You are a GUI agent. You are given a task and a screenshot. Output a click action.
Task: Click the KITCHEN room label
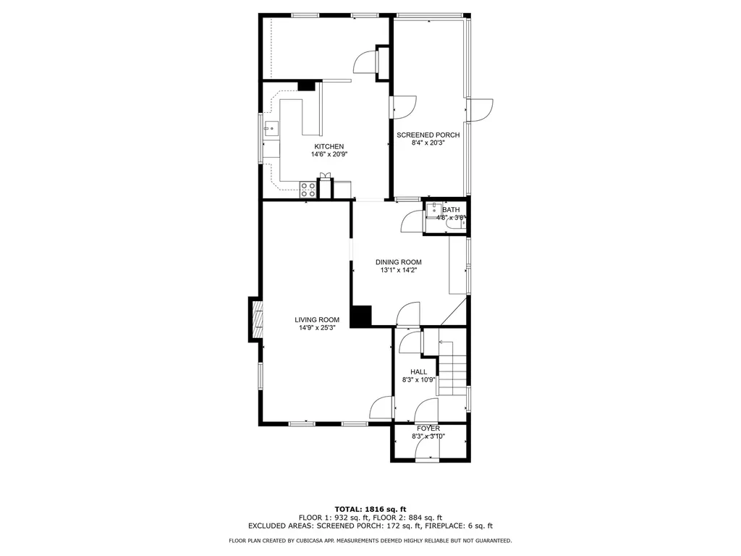329,146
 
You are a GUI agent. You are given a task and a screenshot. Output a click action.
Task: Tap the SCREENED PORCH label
428,135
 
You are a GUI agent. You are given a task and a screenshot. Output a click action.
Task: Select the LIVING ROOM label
317,319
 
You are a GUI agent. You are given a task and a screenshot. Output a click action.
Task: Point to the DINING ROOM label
399,262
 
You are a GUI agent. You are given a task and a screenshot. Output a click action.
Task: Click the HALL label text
419,371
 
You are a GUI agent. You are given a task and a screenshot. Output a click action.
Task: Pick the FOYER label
428,429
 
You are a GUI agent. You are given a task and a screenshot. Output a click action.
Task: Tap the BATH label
451,209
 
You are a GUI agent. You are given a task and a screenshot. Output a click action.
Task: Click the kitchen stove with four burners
308,190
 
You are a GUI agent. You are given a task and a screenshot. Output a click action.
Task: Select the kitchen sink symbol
271,128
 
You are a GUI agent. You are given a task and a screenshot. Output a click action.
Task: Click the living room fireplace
255,319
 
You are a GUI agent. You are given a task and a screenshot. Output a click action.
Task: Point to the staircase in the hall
453,367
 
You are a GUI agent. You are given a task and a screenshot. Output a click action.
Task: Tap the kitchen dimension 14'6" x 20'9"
329,154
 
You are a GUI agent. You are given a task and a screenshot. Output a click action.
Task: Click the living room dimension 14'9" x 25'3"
317,328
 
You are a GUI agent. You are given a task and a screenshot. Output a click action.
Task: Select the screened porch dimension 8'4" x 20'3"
428,143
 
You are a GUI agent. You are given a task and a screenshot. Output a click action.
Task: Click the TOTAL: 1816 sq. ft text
370,509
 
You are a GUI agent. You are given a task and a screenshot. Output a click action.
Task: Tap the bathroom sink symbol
433,211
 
